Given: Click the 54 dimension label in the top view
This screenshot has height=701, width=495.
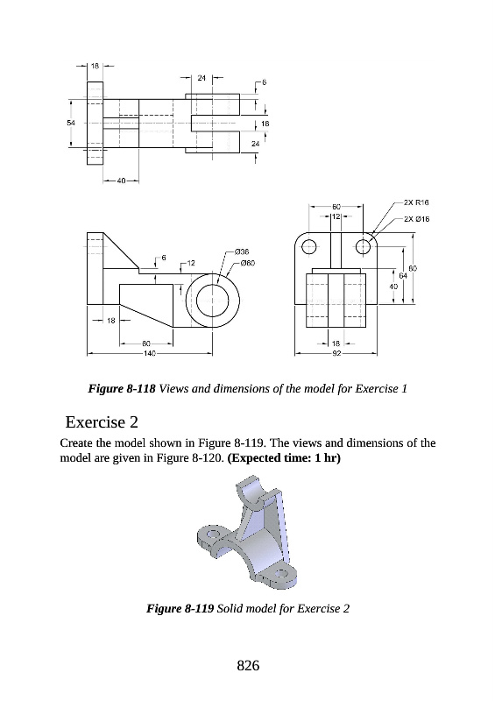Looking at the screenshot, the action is point(71,123).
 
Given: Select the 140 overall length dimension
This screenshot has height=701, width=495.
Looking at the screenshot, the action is point(149,354).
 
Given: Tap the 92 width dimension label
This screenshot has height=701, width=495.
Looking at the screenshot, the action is point(336,354).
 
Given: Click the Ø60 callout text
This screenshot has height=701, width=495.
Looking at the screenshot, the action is point(247,263).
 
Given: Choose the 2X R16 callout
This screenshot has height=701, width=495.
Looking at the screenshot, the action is point(416,202).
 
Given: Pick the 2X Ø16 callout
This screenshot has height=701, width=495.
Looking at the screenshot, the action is point(416,218).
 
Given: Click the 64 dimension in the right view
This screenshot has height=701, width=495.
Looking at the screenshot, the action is point(403,276).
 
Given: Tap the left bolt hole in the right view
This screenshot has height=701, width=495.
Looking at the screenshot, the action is point(309,246).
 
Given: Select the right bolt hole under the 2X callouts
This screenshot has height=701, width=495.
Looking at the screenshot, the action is point(363,246).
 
